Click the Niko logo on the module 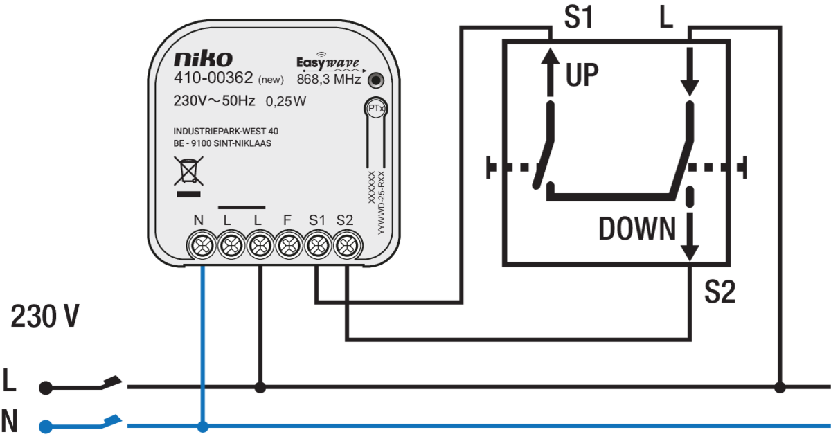204,59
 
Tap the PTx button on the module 376,108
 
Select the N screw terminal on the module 202,245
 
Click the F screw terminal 289,245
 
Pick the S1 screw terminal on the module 318,245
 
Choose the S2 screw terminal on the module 347,245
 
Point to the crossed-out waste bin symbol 188,171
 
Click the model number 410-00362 213,78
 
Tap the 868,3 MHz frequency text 329,79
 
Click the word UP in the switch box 582,75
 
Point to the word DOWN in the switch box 637,229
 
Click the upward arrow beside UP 550,72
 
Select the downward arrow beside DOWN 690,236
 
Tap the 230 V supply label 45,316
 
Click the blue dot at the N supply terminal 46,427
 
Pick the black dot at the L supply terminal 46,388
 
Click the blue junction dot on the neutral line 202,427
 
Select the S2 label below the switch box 720,292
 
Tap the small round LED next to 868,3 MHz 376,80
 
